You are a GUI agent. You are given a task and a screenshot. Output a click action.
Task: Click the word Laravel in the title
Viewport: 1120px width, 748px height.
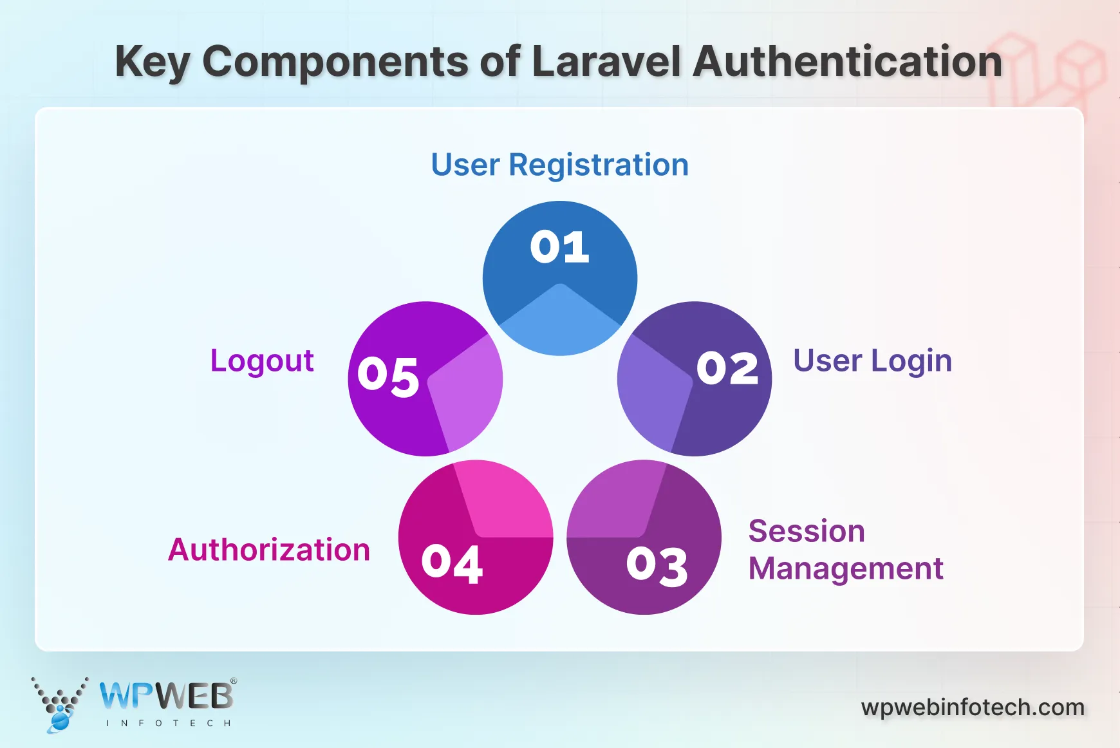coord(606,62)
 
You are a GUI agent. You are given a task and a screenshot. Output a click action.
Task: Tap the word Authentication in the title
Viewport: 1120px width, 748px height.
coord(848,62)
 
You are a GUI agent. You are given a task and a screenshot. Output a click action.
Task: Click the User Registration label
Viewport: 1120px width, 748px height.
coord(559,165)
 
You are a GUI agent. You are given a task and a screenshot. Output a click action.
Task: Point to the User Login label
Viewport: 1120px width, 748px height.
coord(872,360)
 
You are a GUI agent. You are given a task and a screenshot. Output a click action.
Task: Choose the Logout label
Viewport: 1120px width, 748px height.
coord(262,360)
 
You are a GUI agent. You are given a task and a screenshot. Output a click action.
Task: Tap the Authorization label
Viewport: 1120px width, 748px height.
coord(269,550)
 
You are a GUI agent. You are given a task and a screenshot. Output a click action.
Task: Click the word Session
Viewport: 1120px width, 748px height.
coord(807,532)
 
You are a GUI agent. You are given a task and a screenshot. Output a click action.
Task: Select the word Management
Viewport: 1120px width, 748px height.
coord(846,569)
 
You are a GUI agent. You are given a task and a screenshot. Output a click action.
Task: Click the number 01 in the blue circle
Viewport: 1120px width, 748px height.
coord(559,247)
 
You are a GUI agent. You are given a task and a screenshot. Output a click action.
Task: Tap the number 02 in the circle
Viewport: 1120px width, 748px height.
coord(727,369)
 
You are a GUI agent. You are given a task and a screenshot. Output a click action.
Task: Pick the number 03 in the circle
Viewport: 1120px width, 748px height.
coord(657,566)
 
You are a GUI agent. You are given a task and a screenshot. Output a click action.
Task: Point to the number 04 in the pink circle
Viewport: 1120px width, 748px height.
coord(452,564)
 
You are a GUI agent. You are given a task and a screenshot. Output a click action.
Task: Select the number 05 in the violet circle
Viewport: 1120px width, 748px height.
coord(388,376)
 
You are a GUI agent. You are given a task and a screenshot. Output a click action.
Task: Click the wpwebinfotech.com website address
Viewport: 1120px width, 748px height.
coord(973,707)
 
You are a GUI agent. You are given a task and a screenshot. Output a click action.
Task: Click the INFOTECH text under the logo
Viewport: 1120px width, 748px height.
coord(168,724)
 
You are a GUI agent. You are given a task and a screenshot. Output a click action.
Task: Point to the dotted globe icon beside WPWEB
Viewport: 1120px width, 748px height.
coord(59,704)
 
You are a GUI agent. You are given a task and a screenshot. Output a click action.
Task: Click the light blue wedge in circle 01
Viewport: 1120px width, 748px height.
coord(560,322)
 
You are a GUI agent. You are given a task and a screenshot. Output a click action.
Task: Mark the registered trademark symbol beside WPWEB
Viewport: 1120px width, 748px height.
coord(234,681)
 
